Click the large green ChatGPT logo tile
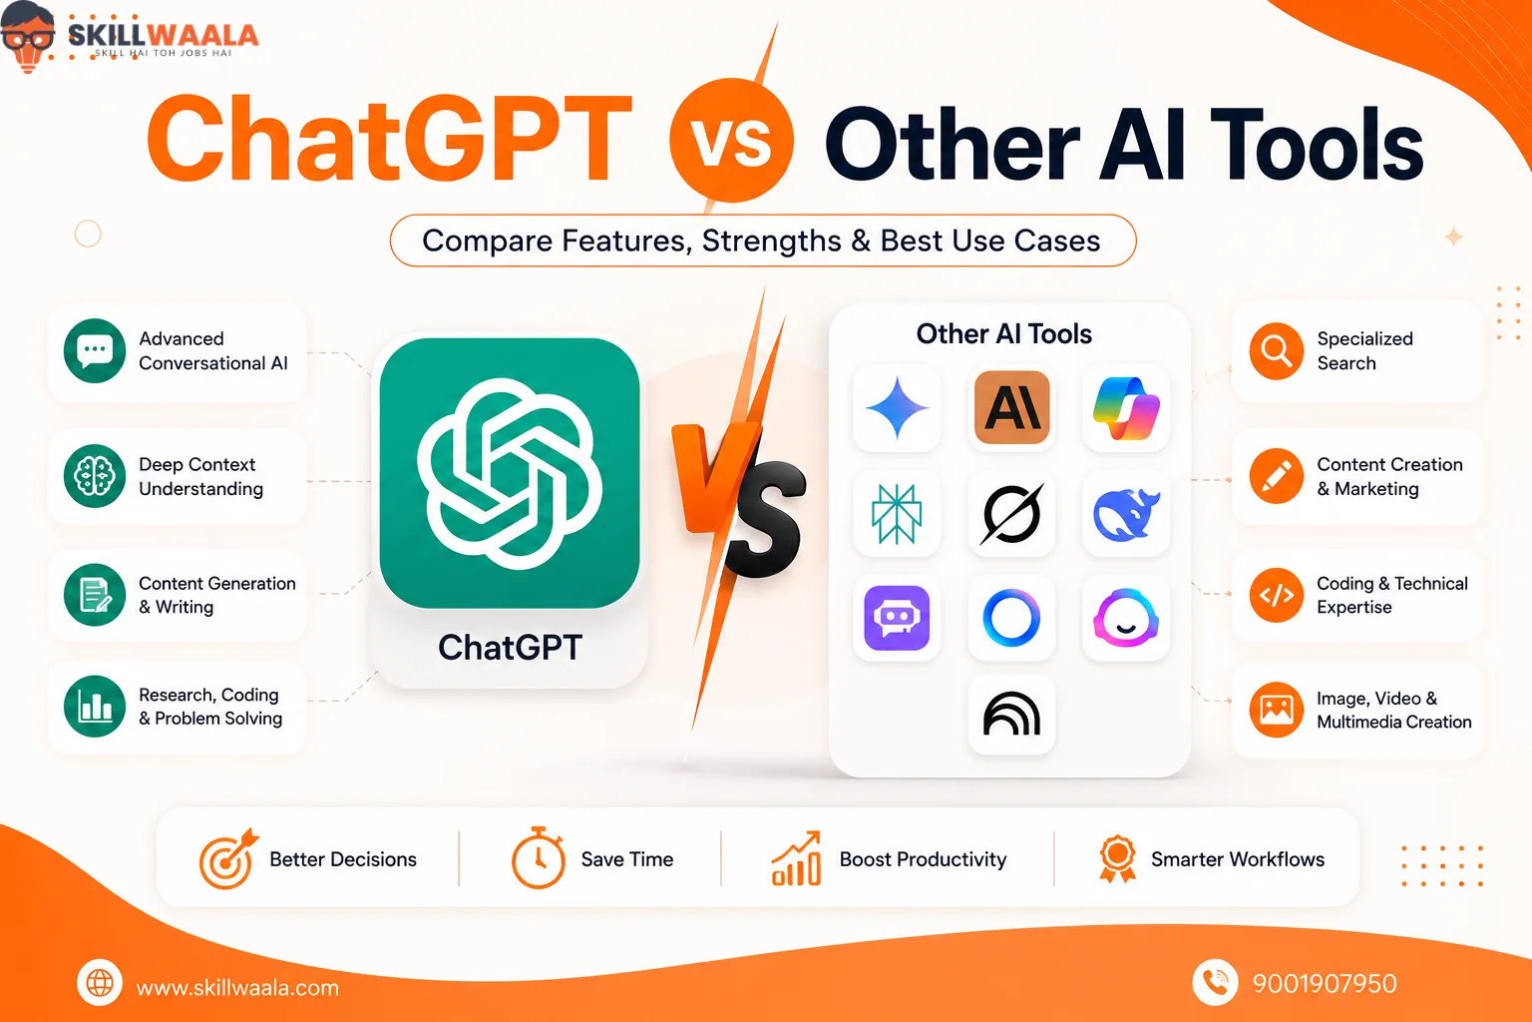click(x=510, y=473)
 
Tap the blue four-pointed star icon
click(x=897, y=408)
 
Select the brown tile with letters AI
click(x=1011, y=407)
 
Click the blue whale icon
click(x=1126, y=514)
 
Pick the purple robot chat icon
click(x=897, y=618)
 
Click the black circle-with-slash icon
click(x=1011, y=514)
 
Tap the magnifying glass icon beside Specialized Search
click(x=1277, y=351)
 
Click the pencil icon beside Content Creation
click(x=1277, y=476)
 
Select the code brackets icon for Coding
click(x=1277, y=595)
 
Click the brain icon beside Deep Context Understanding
click(x=95, y=476)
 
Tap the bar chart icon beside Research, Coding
click(x=95, y=706)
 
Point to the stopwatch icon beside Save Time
click(x=539, y=858)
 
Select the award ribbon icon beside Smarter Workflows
click(x=1117, y=858)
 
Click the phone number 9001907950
click(x=1325, y=984)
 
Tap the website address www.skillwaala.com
click(x=237, y=987)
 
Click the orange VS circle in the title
click(x=731, y=141)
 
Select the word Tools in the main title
click(x=1317, y=145)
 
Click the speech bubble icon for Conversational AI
click(x=95, y=350)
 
